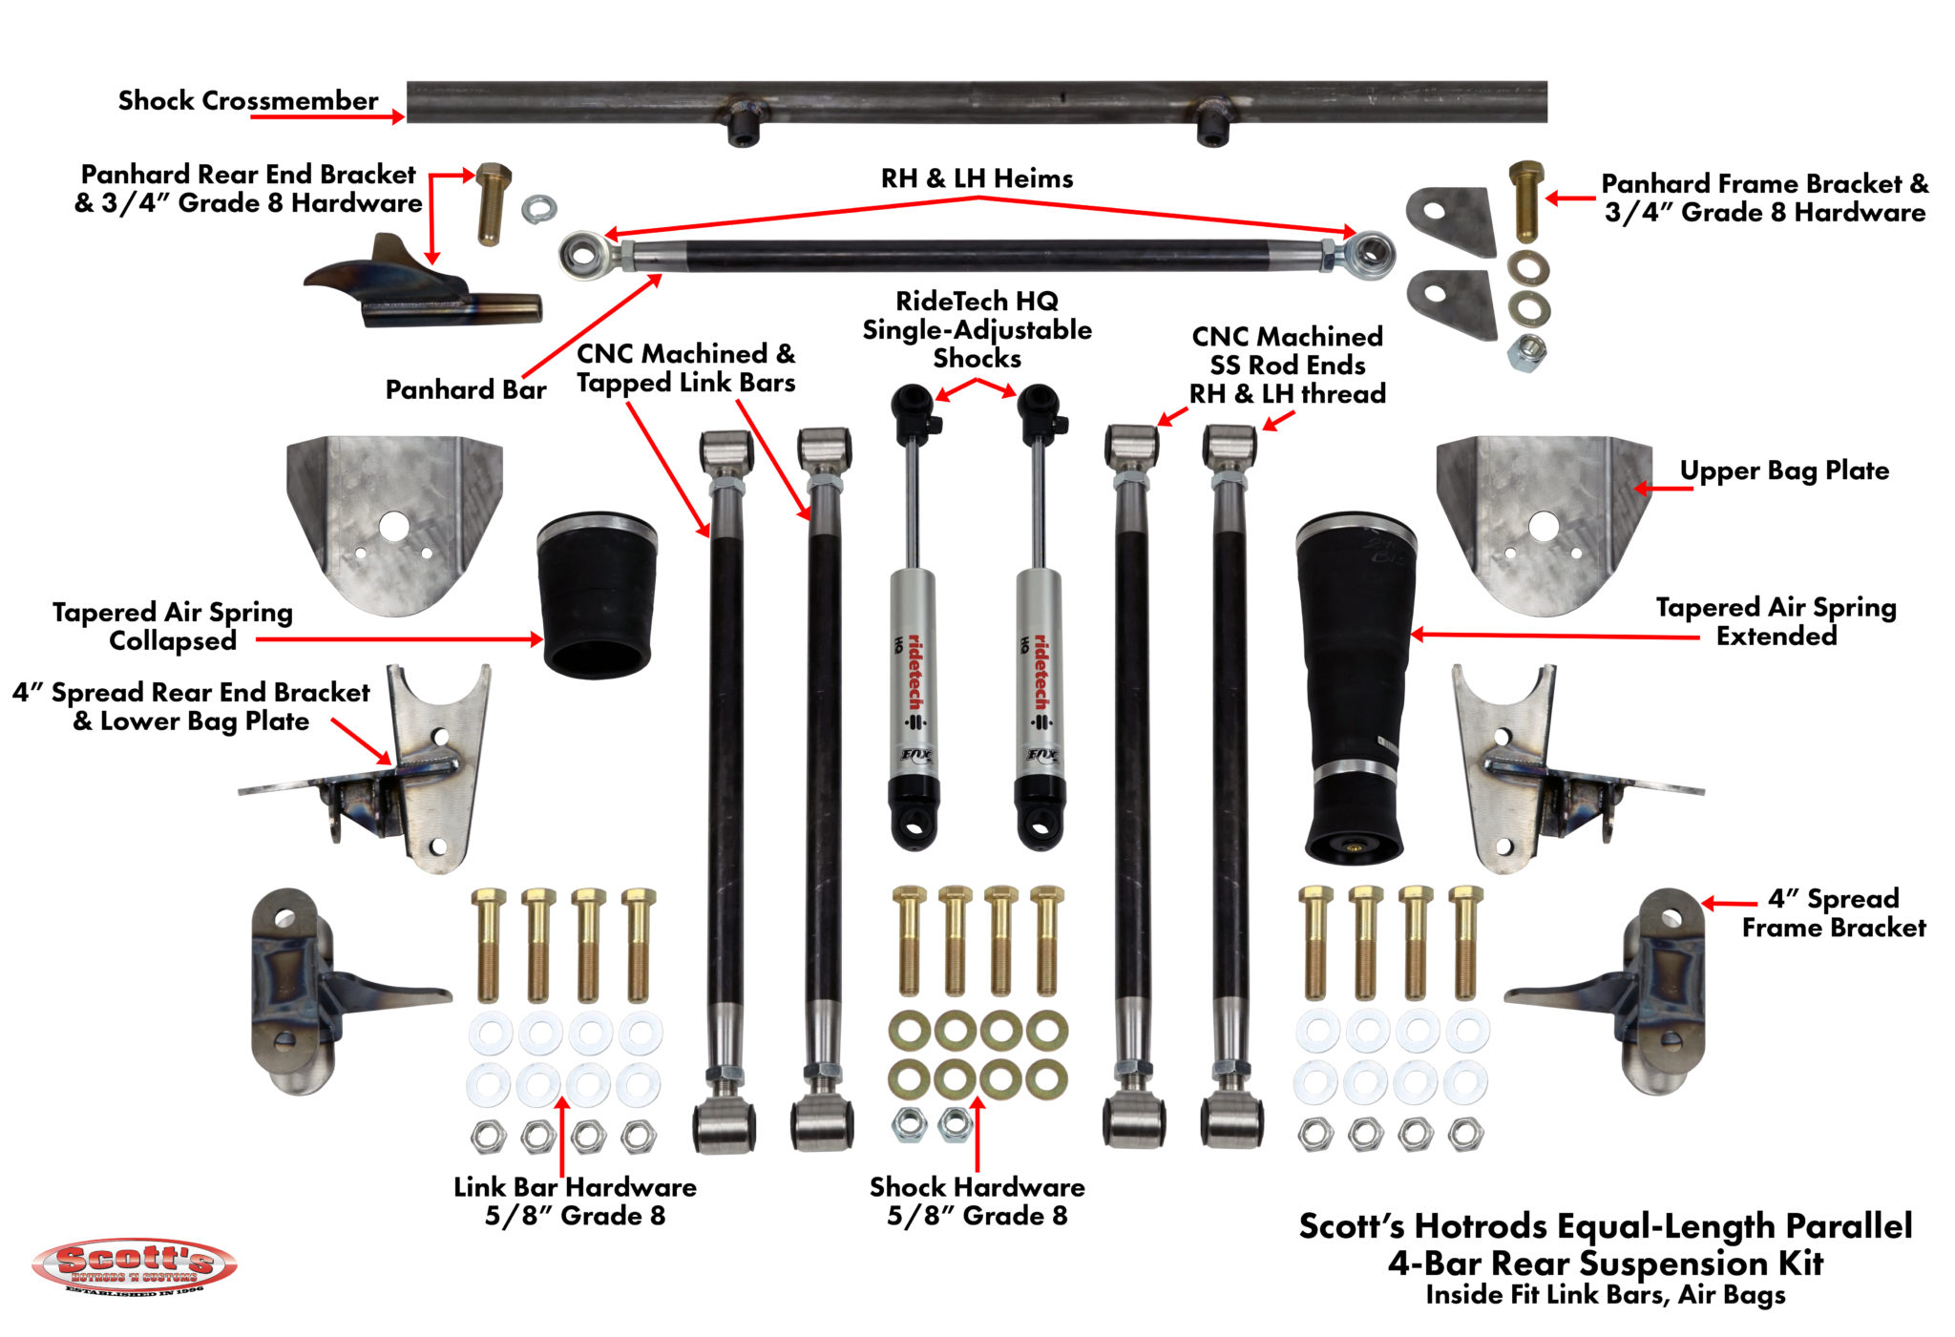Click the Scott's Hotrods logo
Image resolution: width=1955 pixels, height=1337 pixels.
(134, 1265)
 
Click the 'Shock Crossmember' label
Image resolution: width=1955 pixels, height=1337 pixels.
(247, 100)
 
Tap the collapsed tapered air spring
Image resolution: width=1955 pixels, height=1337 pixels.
(599, 595)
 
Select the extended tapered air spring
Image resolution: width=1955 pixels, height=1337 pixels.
(1355, 687)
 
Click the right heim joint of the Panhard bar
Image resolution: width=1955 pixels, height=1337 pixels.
(1372, 253)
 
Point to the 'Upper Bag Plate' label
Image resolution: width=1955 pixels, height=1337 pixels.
(1783, 470)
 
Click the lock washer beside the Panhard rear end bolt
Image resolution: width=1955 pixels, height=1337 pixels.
(539, 208)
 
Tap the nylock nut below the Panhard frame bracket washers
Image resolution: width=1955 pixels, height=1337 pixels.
(1526, 352)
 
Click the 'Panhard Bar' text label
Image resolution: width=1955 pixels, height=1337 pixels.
(465, 389)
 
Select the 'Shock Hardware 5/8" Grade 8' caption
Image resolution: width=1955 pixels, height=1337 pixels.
(977, 1201)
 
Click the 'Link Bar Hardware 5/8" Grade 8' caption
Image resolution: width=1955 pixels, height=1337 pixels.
(575, 1201)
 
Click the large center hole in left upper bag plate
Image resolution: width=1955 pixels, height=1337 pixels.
(394, 526)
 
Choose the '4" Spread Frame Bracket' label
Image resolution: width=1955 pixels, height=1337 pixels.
(1833, 912)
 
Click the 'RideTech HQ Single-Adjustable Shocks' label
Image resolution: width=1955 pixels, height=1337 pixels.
(977, 329)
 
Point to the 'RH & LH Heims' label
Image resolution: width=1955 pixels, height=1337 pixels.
(977, 178)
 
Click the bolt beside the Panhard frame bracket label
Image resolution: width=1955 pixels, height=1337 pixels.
(1525, 200)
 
